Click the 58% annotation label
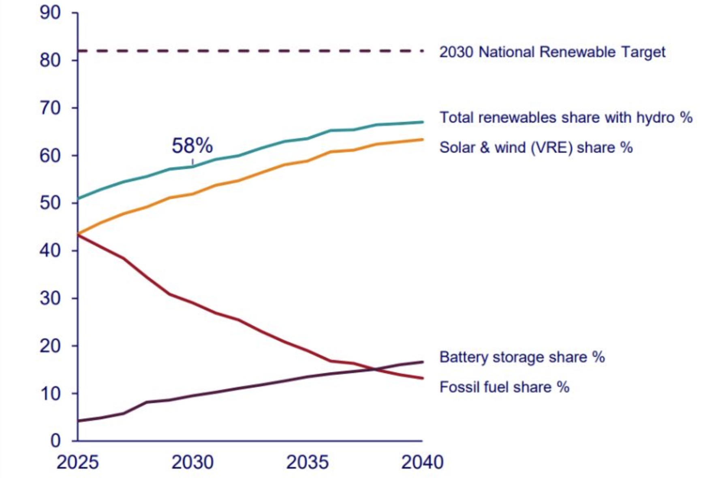(192, 145)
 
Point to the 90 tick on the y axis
(50, 13)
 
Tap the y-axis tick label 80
(50, 60)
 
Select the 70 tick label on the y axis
(50, 108)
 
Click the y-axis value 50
(50, 203)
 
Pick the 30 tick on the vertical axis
(50, 298)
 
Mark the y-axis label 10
(50, 393)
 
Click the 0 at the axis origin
(56, 441)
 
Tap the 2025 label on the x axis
(77, 462)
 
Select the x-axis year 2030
(192, 462)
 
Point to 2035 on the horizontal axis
(308, 462)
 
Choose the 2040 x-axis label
(422, 462)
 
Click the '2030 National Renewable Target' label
(552, 52)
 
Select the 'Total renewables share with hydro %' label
(566, 117)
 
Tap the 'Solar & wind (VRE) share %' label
(536, 147)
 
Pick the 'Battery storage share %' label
(522, 357)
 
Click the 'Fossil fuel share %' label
(504, 387)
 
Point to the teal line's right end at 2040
(423, 122)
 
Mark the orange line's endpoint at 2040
(423, 139)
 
